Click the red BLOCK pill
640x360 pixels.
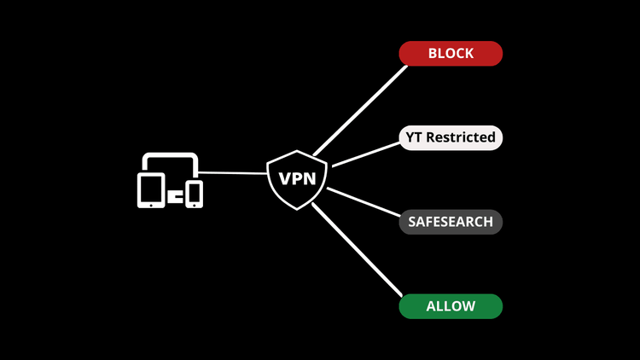pyautogui.click(x=451, y=53)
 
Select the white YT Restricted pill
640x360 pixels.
pyautogui.click(x=451, y=136)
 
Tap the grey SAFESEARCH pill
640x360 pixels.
pyautogui.click(x=451, y=222)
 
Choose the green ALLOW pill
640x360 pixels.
pyautogui.click(x=451, y=305)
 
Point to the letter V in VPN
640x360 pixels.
pyautogui.click(x=281, y=180)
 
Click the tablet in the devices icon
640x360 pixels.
pyautogui.click(x=151, y=189)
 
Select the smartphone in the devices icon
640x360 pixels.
pyautogui.click(x=195, y=193)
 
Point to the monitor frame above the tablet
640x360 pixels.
pyautogui.click(x=171, y=155)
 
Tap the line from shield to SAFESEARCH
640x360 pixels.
pyautogui.click(x=363, y=205)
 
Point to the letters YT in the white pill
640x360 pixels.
pyautogui.click(x=417, y=136)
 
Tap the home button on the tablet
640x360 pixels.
pyautogui.click(x=151, y=203)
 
